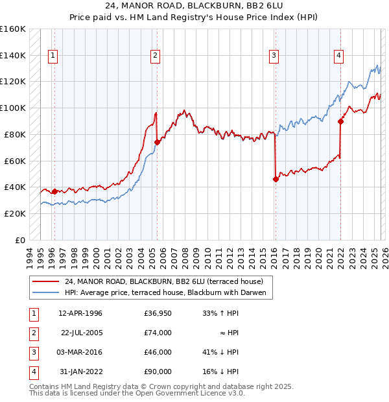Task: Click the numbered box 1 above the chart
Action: point(52,56)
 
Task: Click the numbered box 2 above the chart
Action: point(156,56)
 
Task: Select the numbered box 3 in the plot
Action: point(274,56)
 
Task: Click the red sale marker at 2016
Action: point(276,179)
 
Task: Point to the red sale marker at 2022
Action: point(340,121)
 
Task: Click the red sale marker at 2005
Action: point(157,142)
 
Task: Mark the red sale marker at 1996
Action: point(54,191)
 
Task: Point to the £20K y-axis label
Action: point(15,213)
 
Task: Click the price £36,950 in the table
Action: point(158,314)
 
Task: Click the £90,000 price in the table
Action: point(158,372)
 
